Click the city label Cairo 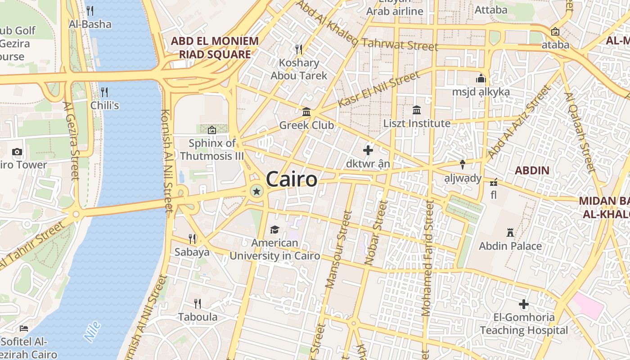click(x=292, y=179)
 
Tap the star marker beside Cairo click(x=256, y=192)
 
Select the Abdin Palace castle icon click(x=510, y=233)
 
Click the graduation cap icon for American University click(x=274, y=230)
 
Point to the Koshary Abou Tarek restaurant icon click(x=298, y=49)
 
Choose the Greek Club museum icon click(x=306, y=111)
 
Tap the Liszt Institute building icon click(x=417, y=110)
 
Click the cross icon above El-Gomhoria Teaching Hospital click(x=524, y=304)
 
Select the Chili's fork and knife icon click(x=104, y=92)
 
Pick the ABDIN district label click(x=532, y=171)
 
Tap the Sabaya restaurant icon click(x=192, y=238)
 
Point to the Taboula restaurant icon click(x=198, y=303)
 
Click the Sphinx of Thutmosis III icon click(x=212, y=130)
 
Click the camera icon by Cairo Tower click(x=17, y=152)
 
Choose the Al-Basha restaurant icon click(x=90, y=11)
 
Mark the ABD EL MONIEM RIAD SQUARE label click(x=215, y=48)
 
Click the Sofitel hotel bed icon click(x=24, y=328)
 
